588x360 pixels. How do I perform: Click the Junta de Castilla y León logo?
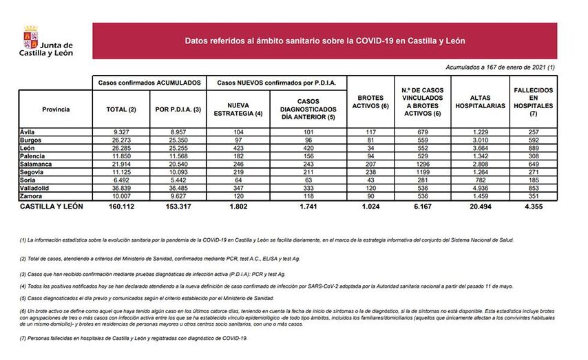point(47,41)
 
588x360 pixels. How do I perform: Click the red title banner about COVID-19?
point(324,41)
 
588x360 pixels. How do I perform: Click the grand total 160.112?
point(116,206)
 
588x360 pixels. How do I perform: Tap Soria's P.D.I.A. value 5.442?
point(177,181)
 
